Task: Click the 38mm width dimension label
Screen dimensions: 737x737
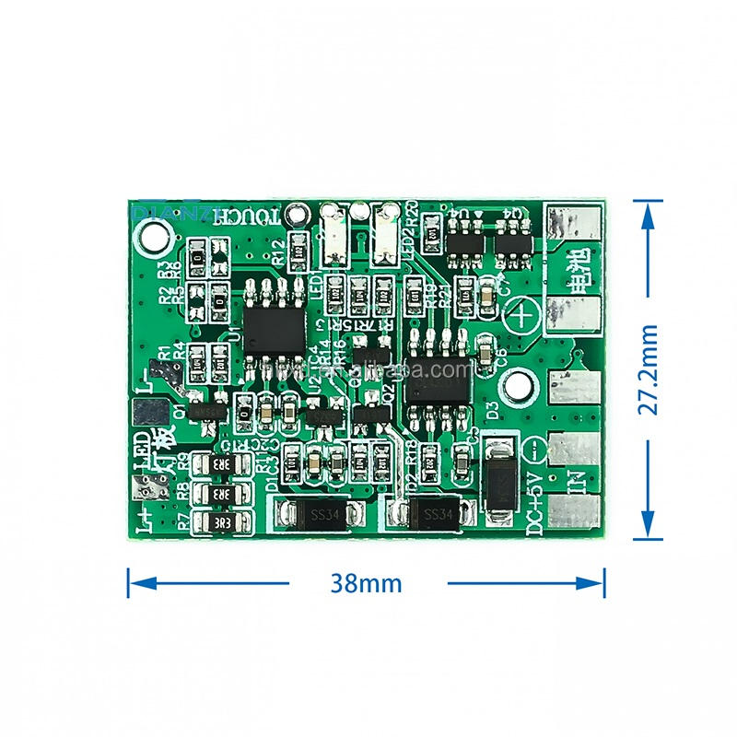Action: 368,583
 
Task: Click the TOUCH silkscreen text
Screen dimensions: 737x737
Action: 247,216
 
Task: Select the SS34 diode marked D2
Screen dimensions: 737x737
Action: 432,514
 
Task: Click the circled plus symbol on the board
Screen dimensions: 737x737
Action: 523,316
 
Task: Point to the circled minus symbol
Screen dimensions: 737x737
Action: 538,451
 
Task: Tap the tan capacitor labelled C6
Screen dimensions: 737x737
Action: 485,347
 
